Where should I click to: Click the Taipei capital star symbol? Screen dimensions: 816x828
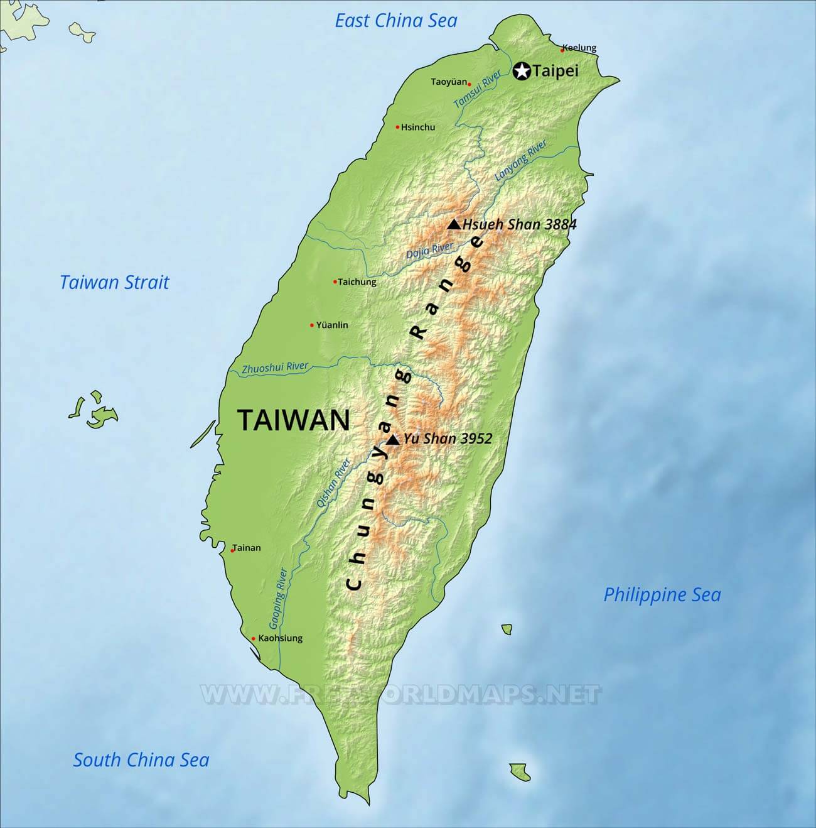(x=522, y=71)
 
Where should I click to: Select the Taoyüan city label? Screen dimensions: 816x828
(x=449, y=82)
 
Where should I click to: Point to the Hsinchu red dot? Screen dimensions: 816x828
(x=397, y=127)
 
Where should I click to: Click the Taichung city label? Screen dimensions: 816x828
(x=357, y=282)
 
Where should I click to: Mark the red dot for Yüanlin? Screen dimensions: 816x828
(x=312, y=325)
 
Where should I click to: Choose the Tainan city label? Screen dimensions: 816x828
(x=247, y=548)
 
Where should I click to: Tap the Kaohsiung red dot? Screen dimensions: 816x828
(x=254, y=639)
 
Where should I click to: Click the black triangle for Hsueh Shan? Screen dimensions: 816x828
(x=454, y=224)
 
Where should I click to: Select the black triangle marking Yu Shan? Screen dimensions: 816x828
(x=393, y=440)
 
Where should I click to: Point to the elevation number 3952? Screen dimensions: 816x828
(x=476, y=439)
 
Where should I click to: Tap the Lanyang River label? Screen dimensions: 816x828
(x=521, y=161)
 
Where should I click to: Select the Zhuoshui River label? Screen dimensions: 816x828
(x=275, y=368)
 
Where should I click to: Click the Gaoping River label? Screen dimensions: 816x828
(x=277, y=599)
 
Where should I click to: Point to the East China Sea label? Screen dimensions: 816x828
(x=396, y=21)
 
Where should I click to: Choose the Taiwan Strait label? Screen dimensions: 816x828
(x=115, y=282)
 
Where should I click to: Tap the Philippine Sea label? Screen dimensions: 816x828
(x=662, y=594)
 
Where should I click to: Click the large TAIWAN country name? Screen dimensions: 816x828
(x=293, y=420)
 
